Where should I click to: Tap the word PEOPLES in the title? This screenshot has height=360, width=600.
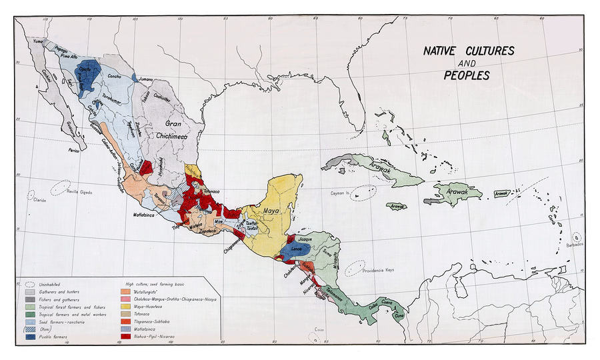click(x=467, y=75)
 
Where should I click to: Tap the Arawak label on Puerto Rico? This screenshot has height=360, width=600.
click(x=501, y=193)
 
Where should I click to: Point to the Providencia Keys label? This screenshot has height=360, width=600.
click(x=380, y=271)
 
